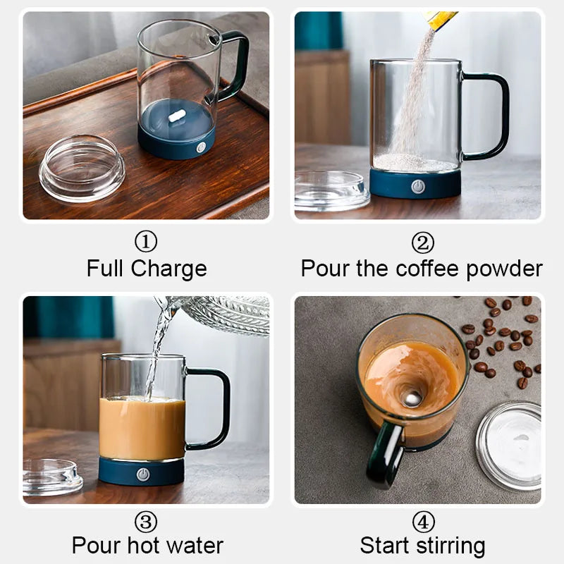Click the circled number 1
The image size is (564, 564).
(145, 243)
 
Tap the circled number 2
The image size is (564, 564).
(422, 243)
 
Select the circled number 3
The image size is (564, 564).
(145, 522)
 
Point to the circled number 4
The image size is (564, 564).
(422, 522)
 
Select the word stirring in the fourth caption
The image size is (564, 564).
(451, 546)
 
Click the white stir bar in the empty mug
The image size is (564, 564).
(176, 114)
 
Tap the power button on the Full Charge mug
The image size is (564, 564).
(202, 147)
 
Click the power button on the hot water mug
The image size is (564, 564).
(143, 474)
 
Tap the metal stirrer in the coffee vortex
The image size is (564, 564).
(413, 399)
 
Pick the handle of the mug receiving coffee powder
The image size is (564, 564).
(491, 116)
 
